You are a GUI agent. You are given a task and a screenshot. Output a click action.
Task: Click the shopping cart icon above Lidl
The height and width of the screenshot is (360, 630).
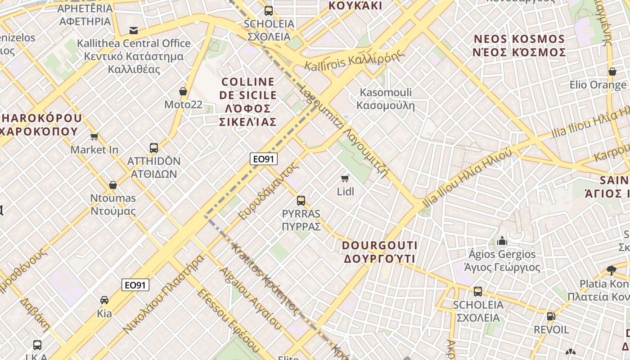point(345,179)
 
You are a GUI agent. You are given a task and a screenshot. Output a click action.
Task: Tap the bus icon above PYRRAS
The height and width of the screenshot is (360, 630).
point(301,201)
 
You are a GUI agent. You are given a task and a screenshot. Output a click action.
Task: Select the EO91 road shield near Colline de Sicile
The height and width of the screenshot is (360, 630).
point(264,158)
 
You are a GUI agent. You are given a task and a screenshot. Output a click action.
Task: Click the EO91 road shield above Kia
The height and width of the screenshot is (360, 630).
point(135,285)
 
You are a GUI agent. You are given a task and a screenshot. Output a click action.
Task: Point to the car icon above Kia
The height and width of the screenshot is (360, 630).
point(104,300)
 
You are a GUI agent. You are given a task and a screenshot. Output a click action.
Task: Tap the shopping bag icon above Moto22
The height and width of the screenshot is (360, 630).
point(183,91)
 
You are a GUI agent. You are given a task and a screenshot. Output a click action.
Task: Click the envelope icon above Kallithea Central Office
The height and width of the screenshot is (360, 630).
point(134,31)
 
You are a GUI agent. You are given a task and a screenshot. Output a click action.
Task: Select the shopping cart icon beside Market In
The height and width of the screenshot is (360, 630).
point(94,136)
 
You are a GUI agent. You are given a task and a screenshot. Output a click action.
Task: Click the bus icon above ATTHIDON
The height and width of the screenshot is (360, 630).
point(154,148)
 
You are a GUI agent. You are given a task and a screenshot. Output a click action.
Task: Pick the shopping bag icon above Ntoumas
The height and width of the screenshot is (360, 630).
point(113,185)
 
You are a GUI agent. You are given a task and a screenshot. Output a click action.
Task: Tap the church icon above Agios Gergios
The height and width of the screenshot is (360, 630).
point(502,241)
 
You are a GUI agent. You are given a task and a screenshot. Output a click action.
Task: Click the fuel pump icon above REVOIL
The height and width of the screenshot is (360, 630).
point(551,316)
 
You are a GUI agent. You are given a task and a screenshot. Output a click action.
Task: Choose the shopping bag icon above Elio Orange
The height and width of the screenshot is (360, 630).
point(612,72)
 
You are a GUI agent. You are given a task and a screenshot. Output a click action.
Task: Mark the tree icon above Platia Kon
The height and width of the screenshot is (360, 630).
point(611,270)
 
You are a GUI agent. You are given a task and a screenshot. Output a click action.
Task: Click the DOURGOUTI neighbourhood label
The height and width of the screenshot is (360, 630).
point(379,252)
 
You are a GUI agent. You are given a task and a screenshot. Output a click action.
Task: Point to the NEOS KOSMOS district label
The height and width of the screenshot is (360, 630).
point(519,45)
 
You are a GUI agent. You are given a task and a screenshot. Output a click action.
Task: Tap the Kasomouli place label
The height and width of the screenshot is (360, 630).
point(386,99)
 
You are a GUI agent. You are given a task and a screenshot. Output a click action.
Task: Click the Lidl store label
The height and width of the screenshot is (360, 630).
point(346,192)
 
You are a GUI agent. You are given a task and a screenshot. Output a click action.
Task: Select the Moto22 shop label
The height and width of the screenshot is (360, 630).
point(183,105)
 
